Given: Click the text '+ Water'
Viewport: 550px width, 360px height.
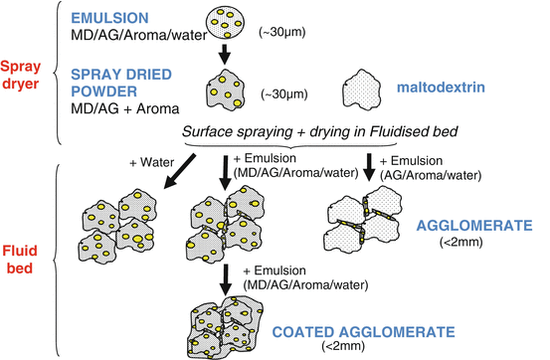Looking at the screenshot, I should coord(151,159).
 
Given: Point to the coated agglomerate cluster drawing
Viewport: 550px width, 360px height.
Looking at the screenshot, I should coord(231,323).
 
